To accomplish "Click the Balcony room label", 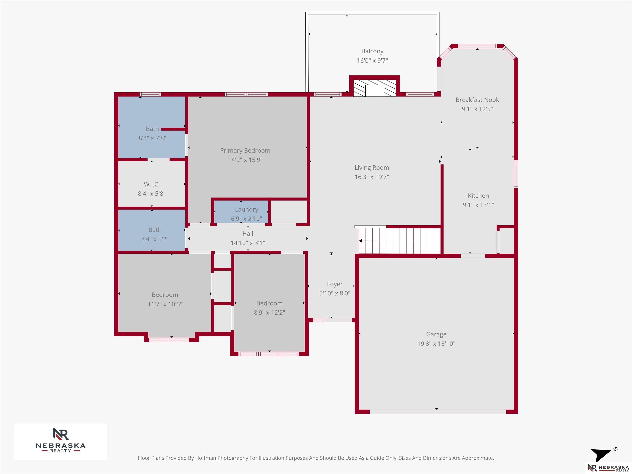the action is coord(372,51).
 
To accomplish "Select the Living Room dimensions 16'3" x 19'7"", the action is coord(372,177).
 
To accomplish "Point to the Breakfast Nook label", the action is coord(477,100).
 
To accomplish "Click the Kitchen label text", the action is coord(478,196).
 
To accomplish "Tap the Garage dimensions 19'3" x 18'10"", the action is coord(436,344).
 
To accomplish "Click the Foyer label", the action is coord(335,284).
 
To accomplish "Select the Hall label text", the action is coord(248,234).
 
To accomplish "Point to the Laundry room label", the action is coord(247,210).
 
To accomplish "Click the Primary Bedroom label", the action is coord(245,151).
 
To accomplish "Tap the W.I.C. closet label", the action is coord(152,184).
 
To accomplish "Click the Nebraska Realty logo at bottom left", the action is coord(60,441).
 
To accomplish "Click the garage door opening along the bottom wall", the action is coord(438,412).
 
